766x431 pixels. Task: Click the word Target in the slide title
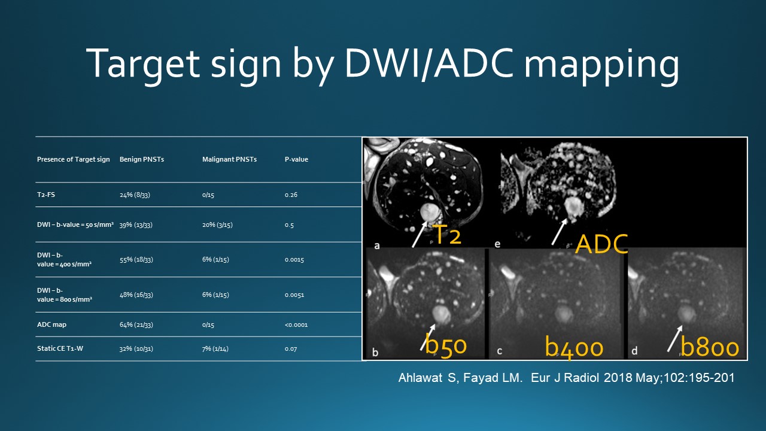click(x=143, y=64)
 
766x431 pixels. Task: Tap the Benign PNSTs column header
click(x=142, y=159)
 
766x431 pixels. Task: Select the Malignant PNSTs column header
click(x=229, y=159)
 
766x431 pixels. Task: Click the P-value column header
click(x=296, y=159)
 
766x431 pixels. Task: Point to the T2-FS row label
click(x=46, y=195)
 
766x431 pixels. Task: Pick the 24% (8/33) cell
click(x=135, y=195)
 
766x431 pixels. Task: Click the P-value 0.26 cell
click(x=291, y=195)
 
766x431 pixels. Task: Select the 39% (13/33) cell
click(x=136, y=225)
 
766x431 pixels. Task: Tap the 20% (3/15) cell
click(x=217, y=225)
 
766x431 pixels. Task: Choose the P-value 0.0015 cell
click(x=294, y=260)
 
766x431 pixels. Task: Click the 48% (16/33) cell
click(x=136, y=295)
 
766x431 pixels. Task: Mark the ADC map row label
click(x=51, y=324)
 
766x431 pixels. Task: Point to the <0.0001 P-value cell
click(x=296, y=325)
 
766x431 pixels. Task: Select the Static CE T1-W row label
click(x=60, y=348)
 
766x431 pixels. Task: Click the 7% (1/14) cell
click(x=215, y=349)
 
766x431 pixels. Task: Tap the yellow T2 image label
click(x=447, y=235)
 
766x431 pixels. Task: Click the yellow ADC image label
click(x=601, y=244)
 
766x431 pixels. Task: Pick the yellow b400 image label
click(x=574, y=347)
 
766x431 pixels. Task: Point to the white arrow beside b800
click(x=674, y=338)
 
